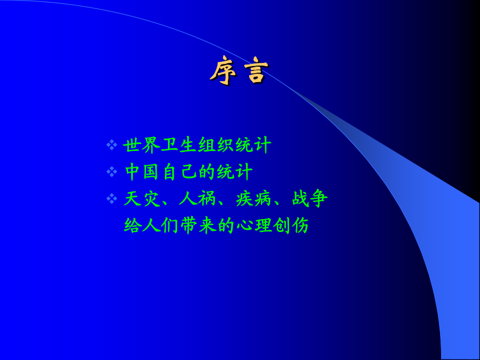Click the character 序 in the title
click(223, 70)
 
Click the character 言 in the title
click(256, 70)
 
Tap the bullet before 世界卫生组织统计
click(112, 145)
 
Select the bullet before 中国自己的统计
click(112, 172)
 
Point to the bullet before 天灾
click(112, 199)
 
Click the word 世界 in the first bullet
click(142, 145)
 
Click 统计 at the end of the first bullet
click(253, 145)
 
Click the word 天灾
click(142, 199)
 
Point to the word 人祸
click(198, 199)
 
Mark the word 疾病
click(253, 199)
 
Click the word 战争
click(309, 199)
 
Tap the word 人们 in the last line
click(161, 226)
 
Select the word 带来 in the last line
click(198, 226)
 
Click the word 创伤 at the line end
click(291, 226)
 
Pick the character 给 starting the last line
click(133, 226)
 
